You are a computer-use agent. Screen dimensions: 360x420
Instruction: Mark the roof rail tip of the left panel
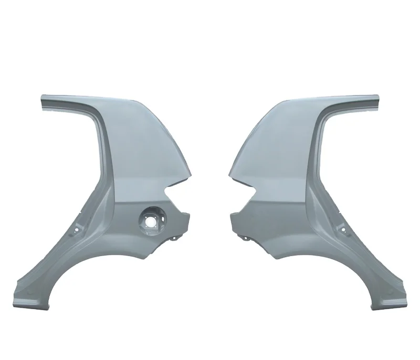43,101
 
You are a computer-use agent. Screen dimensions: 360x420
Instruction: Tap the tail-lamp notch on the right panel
247,188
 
